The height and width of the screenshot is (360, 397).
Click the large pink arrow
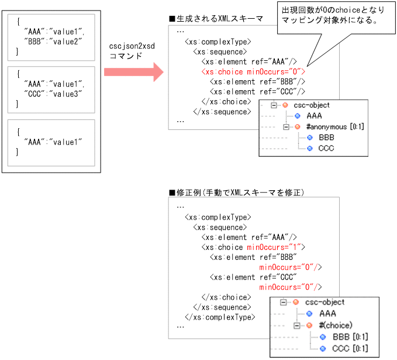[x=133, y=73]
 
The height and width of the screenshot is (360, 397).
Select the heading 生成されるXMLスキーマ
[x=216, y=19]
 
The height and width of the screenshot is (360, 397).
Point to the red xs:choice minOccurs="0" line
[x=253, y=71]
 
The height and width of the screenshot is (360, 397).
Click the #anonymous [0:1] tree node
[x=329, y=126]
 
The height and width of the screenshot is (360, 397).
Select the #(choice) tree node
[x=335, y=325]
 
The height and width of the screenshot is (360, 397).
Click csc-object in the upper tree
[x=310, y=105]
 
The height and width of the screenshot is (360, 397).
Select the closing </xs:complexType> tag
[x=219, y=317]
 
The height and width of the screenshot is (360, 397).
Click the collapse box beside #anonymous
[x=286, y=127]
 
